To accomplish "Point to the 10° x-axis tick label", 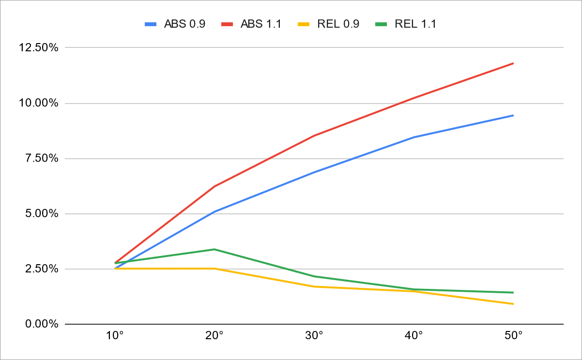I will tap(115, 336).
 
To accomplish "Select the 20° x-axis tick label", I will tap(214, 336).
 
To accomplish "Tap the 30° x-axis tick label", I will tap(314, 336).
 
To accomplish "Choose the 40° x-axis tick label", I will tap(414, 336).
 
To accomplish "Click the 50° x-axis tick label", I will tap(513, 336).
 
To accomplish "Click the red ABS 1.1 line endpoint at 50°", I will tap(513, 63).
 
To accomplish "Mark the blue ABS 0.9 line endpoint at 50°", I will tap(513, 116).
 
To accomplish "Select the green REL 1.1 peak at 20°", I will tap(214, 249).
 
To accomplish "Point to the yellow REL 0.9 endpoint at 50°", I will tap(513, 304).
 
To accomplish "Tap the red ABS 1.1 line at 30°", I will tap(314, 135).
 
